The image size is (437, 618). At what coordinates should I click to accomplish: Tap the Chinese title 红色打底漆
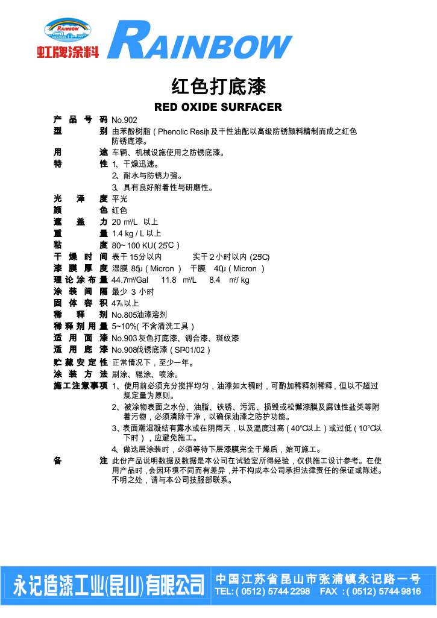pyautogui.click(x=218, y=86)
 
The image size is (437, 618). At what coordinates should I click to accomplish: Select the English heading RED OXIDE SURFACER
pyautogui.click(x=218, y=108)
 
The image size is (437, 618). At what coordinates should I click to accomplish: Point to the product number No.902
pyautogui.click(x=125, y=121)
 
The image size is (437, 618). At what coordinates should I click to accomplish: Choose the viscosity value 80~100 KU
pyautogui.click(x=132, y=245)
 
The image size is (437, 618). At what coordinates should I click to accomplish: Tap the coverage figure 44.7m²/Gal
pyautogui.click(x=130, y=280)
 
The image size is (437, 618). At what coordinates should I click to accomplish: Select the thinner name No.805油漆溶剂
pyautogui.click(x=139, y=315)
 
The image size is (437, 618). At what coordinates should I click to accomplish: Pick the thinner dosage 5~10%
pyautogui.click(x=124, y=326)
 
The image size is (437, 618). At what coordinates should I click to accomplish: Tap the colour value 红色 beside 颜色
pyautogui.click(x=119, y=210)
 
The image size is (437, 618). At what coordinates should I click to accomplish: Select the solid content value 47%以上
pyautogui.click(x=125, y=303)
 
